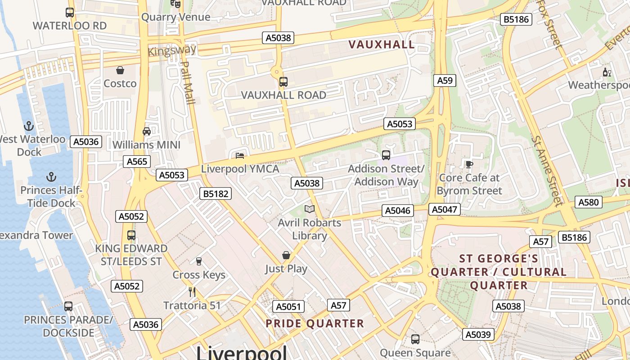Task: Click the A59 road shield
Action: [445, 81]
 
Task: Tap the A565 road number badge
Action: [137, 162]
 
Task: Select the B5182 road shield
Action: [216, 194]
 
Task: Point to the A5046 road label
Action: [398, 211]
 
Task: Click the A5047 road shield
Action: [445, 209]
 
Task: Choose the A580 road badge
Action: [589, 202]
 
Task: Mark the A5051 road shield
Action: [288, 307]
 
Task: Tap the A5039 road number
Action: [478, 334]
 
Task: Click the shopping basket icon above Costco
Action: [120, 70]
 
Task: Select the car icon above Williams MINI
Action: [147, 131]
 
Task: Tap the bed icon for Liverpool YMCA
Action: [240, 156]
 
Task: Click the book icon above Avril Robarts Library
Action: [309, 209]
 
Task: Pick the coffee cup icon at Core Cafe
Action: [469, 164]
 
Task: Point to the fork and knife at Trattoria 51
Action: [192, 292]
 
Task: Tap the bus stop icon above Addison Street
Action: [386, 155]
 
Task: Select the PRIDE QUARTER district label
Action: [315, 324]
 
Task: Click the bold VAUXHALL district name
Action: [382, 45]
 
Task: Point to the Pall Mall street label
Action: [187, 83]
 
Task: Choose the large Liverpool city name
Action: [241, 352]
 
